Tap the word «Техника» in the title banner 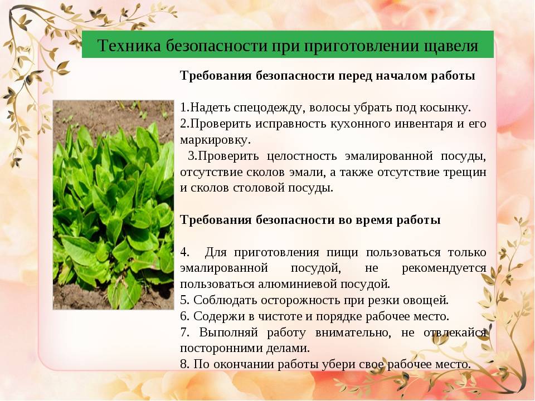(129, 45)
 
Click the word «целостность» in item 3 (301, 156)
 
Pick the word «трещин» (465, 173)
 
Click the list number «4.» (184, 252)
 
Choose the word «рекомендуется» (444, 268)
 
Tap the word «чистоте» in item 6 (280, 316)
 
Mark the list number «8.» (184, 364)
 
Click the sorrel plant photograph (113, 204)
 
